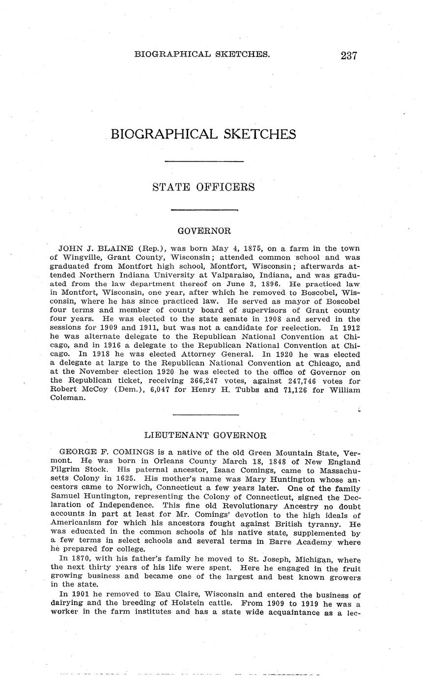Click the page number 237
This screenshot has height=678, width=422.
[x=348, y=55]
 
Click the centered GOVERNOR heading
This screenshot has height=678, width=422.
[x=204, y=230]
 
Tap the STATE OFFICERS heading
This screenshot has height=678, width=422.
[x=203, y=187]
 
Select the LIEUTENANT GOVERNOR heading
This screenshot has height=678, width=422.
[x=205, y=435]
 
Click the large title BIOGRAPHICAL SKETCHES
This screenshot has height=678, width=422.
[x=203, y=134]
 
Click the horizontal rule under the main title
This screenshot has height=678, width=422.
[x=203, y=161]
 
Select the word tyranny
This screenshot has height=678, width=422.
[x=321, y=524]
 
